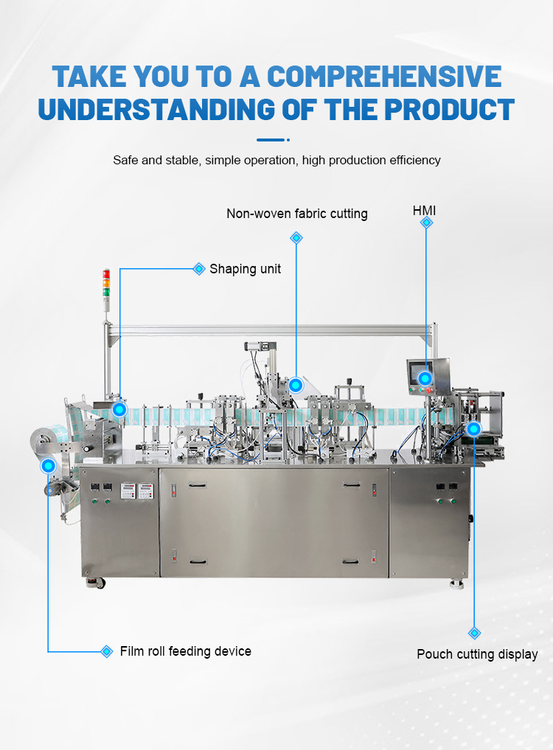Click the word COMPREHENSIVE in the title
tap(384, 77)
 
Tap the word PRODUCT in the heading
tap(449, 110)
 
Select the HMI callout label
tap(424, 211)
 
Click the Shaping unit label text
tap(245, 269)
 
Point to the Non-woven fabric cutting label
tap(297, 214)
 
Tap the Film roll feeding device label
tap(186, 651)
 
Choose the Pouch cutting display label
tap(477, 654)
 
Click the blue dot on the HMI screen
tap(425, 379)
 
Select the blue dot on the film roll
tap(49, 466)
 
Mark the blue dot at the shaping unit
tap(119, 410)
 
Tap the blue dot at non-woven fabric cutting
tap(296, 385)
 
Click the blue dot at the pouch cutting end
tap(473, 429)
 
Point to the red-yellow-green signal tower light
tap(106, 284)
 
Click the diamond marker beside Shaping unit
tap(199, 269)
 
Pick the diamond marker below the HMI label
tap(426, 222)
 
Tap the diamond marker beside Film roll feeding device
tap(107, 651)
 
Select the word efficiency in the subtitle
tap(415, 160)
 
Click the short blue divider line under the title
tap(271, 140)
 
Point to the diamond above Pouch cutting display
tap(475, 634)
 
